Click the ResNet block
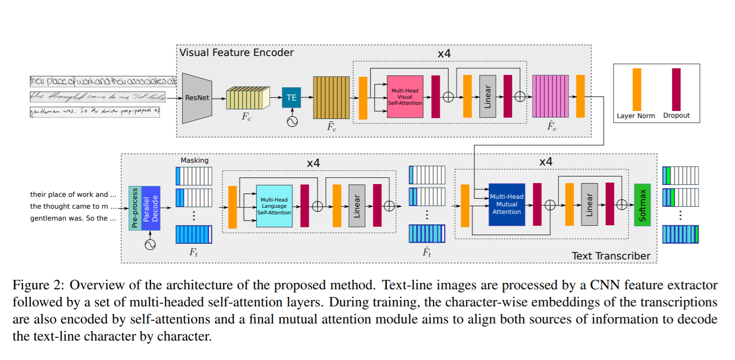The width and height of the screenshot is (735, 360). point(196,99)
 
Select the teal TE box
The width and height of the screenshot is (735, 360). point(291,98)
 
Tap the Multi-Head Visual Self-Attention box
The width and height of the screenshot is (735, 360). point(405,96)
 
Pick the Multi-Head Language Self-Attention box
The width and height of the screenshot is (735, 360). point(274,206)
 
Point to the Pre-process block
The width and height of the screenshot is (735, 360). point(135,208)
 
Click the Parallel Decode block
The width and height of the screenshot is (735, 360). point(151,208)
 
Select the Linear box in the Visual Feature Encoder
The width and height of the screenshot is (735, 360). point(487,96)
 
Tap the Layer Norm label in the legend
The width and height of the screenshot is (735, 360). point(636,116)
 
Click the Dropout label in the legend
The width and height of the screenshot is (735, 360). point(676,116)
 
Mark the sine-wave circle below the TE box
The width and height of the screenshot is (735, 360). point(291,121)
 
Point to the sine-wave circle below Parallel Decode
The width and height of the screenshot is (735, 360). point(150,244)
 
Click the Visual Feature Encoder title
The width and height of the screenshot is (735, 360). point(236,52)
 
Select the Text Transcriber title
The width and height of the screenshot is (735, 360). point(611,256)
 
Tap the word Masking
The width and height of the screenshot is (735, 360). point(194,160)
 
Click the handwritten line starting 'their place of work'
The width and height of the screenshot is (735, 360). point(103,81)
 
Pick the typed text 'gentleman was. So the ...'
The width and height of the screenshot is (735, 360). point(73,219)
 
